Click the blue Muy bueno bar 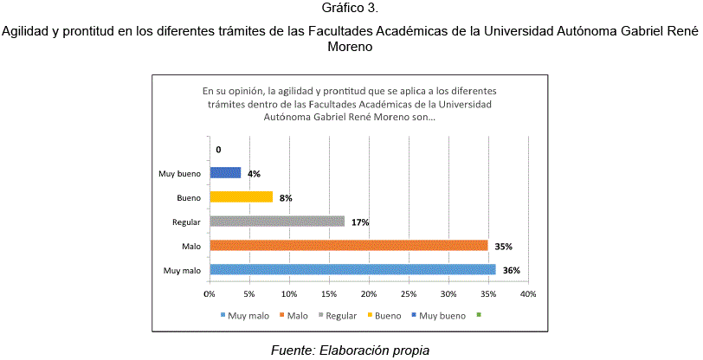click(x=225, y=173)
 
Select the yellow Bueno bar click(x=241, y=197)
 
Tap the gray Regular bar click(x=277, y=222)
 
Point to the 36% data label click(x=511, y=271)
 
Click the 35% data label click(x=503, y=247)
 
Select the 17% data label click(x=360, y=222)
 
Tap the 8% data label click(x=286, y=198)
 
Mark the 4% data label click(x=254, y=174)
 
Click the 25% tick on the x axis click(x=409, y=294)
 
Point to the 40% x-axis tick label click(x=528, y=294)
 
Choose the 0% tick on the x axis click(x=210, y=294)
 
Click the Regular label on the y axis click(x=186, y=222)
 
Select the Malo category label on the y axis click(x=192, y=247)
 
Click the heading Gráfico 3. click(x=351, y=10)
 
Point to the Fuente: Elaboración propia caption click(x=350, y=350)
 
